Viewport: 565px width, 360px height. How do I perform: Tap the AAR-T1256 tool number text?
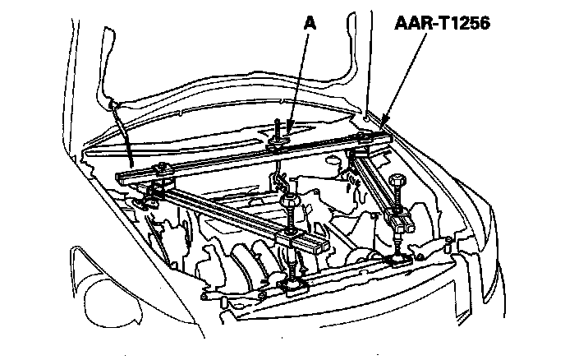440,25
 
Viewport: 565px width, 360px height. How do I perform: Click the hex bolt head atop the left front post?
290,201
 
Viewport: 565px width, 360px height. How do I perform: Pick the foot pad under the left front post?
293,284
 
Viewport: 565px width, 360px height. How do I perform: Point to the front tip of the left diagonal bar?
315,246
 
